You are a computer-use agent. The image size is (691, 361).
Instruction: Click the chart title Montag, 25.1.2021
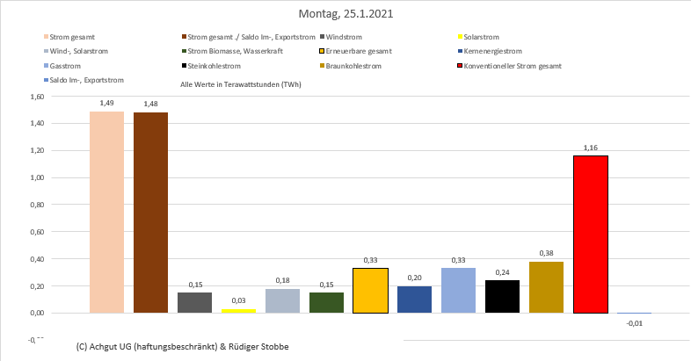pyautogui.click(x=345, y=15)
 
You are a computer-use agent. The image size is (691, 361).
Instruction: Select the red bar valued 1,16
pyautogui.click(x=590, y=234)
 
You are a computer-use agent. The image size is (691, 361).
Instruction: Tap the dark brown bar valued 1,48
pyautogui.click(x=150, y=213)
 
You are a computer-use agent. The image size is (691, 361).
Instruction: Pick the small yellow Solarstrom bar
pyautogui.click(x=238, y=310)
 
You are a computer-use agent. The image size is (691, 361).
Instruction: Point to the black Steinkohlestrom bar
pyautogui.click(x=502, y=296)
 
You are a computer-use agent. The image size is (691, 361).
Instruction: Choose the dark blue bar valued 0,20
pyautogui.click(x=414, y=299)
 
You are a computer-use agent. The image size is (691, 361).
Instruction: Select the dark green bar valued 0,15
pyautogui.click(x=326, y=302)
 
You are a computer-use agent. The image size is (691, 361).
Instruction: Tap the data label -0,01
pyautogui.click(x=634, y=323)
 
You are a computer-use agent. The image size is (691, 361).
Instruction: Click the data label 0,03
pyautogui.click(x=238, y=300)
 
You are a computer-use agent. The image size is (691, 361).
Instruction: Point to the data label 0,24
pyautogui.click(x=502, y=272)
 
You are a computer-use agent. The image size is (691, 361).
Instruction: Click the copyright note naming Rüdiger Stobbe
pyautogui.click(x=183, y=346)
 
